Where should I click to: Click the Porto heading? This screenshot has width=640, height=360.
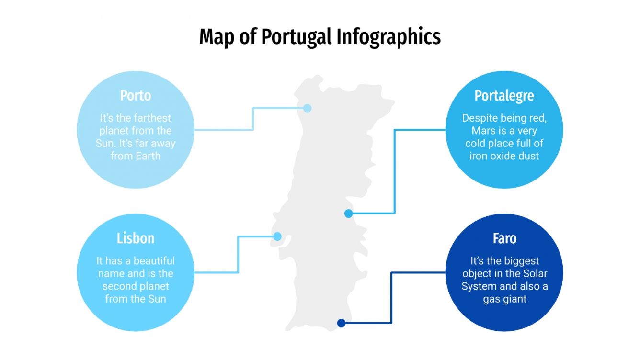click(136, 96)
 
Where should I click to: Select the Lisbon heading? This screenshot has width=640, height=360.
click(136, 238)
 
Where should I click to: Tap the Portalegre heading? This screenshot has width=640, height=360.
click(504, 96)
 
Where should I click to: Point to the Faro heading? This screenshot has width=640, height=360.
click(504, 238)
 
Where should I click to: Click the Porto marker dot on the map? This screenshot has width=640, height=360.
click(308, 108)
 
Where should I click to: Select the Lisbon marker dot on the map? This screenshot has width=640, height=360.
click(277, 236)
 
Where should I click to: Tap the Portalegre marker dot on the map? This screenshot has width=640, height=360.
click(349, 214)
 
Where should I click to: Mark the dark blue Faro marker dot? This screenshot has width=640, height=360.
click(342, 323)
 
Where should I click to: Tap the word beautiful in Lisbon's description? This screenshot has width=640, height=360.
click(154, 261)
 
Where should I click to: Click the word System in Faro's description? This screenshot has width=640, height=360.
click(477, 286)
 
